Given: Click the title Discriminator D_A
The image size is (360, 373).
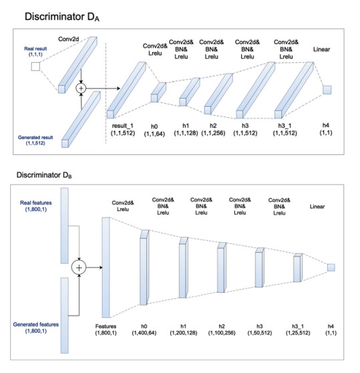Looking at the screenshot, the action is click(62, 17).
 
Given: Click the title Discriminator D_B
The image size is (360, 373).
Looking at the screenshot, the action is click(44, 175).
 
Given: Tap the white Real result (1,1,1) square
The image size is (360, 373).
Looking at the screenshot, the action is click(35, 66).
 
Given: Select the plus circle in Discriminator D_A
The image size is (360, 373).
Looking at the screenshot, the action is click(81, 88).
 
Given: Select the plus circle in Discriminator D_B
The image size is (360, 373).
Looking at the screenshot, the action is click(79, 267).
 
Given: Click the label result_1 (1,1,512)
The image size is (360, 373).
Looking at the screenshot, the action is click(123, 129).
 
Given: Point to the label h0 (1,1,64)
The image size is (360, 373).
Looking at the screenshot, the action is click(154, 130).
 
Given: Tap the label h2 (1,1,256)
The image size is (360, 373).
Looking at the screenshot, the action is click(213, 129).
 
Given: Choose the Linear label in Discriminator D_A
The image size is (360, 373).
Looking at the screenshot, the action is click(321, 49).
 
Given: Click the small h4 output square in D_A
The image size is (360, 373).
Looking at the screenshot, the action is click(327, 90).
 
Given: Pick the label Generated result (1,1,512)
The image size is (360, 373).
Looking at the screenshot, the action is click(35, 140).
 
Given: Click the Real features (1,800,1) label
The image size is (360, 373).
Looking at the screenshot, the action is click(36, 206).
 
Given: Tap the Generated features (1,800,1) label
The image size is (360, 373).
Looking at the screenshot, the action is click(36, 328).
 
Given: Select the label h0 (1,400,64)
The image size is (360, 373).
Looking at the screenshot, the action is click(144, 330).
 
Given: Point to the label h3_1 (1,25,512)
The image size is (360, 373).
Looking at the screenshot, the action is click(298, 330).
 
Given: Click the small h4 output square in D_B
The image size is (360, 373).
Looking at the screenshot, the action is click(331, 267).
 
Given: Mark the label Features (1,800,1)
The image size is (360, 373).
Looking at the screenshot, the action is click(106, 330).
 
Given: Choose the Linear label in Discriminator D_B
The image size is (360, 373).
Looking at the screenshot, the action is click(317, 207).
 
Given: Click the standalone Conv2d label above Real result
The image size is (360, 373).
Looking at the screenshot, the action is click(68, 39).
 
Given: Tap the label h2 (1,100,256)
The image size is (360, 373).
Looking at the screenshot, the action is click(222, 330).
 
